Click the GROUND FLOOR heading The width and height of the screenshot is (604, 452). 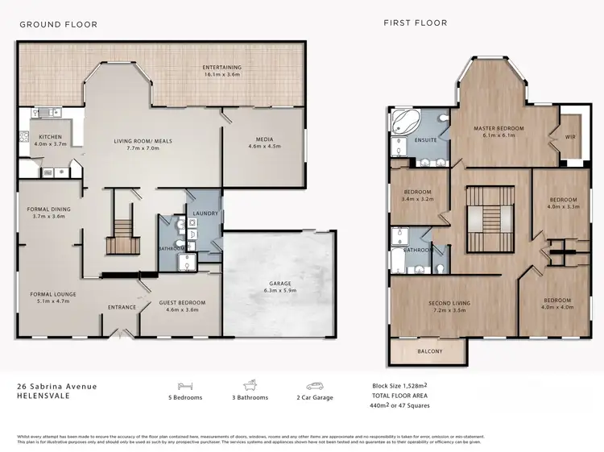(59, 25)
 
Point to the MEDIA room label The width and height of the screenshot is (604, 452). (263, 139)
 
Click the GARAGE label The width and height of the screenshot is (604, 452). (279, 284)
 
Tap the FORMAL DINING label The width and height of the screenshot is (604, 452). (49, 209)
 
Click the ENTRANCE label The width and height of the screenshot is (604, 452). (122, 307)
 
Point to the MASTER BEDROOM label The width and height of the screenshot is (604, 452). (499, 128)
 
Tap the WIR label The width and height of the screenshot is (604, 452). (571, 138)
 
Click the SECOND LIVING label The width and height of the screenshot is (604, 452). (450, 303)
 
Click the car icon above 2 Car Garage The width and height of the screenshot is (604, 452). (314, 384)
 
